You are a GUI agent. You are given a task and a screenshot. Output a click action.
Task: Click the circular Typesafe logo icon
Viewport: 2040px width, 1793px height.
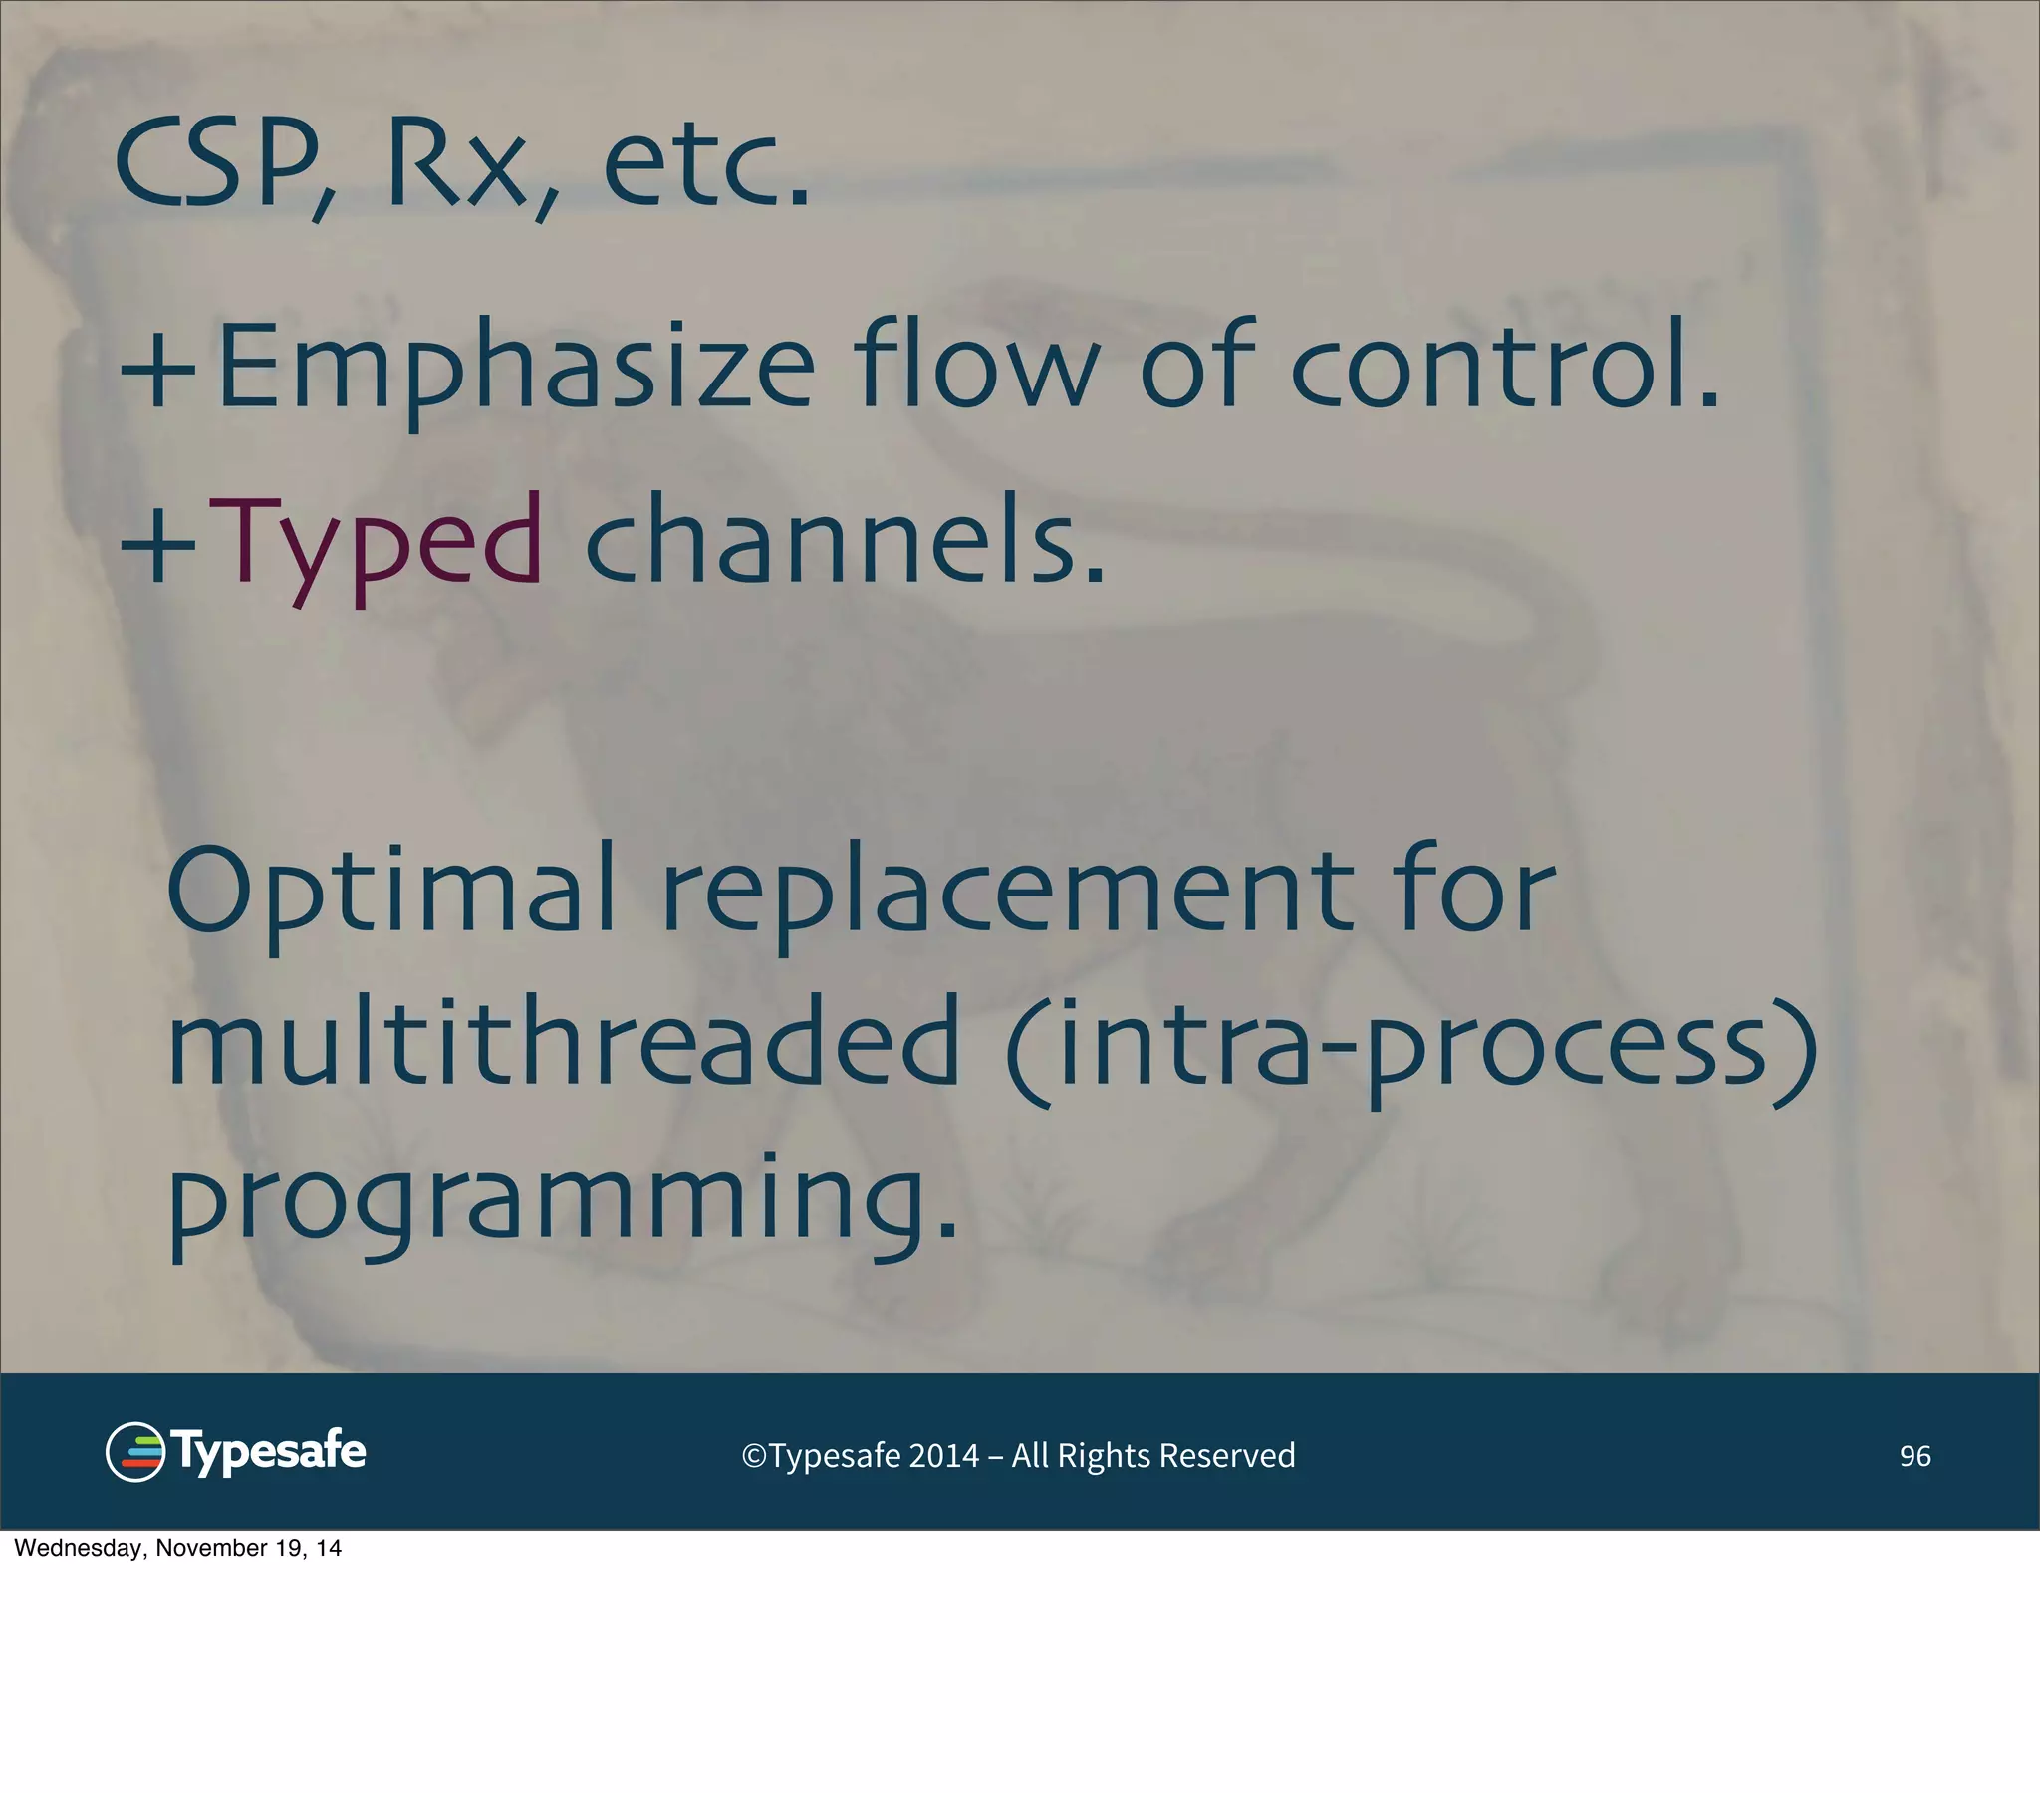click(x=134, y=1452)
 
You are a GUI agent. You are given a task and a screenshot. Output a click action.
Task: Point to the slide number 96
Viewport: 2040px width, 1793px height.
click(x=1914, y=1456)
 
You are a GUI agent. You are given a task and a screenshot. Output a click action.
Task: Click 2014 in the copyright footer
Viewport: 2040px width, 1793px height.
click(x=943, y=1456)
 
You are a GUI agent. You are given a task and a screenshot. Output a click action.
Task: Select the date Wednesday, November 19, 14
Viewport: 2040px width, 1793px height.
click(x=177, y=1548)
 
